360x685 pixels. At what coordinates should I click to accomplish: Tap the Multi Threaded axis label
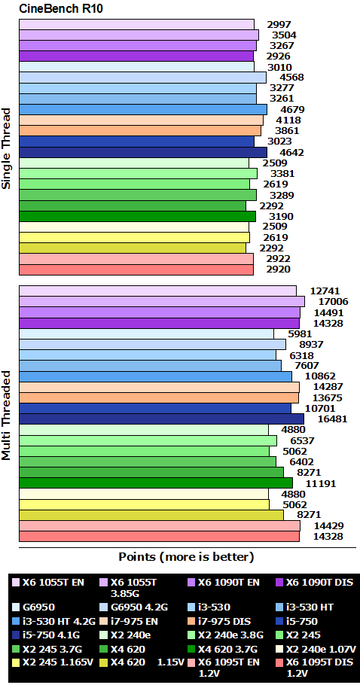pos(7,414)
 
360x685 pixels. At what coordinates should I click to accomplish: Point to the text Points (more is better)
pos(186,557)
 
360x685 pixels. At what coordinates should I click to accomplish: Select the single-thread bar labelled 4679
pos(142,109)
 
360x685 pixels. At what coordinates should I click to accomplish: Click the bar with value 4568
pos(142,78)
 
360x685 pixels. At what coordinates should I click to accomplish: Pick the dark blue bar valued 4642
pos(142,152)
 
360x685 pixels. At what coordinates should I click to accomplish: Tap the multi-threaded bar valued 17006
pos(161,301)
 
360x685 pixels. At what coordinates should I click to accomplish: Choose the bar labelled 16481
pos(161,419)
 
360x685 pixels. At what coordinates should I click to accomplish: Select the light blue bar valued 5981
pos(146,333)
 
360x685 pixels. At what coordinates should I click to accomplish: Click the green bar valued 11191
pos(155,483)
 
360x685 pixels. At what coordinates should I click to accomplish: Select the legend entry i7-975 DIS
pos(225,622)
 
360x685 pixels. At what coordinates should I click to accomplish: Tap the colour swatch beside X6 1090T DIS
pos(278,582)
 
